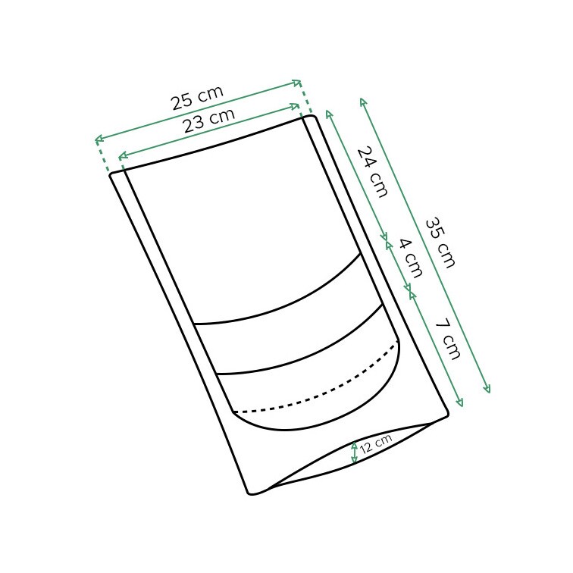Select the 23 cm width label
point(208,121)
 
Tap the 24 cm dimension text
point(372,172)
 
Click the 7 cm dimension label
point(447,338)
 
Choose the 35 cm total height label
point(440,243)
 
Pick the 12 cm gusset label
point(375,443)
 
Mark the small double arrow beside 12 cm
point(354,452)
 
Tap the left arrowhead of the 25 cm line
point(98,139)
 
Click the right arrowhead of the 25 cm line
point(299,83)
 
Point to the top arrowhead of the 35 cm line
point(363,101)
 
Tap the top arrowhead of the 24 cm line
point(328,112)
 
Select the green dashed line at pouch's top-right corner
point(305,99)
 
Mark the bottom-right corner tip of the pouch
point(447,414)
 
